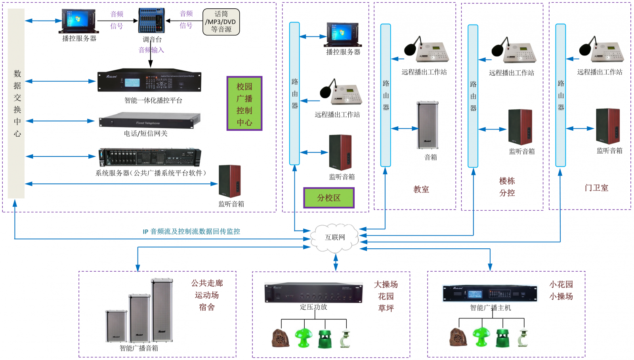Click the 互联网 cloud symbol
pos(335,238)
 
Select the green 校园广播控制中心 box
pos(244,104)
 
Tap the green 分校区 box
pos(328,198)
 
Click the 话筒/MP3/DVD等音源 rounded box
pos(221,22)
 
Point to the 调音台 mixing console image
pos(151,21)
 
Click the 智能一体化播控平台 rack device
pos(149,82)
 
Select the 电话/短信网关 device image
pos(149,120)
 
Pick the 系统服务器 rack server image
pos(149,157)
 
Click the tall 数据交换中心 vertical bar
pos(16,103)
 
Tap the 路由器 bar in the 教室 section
pos(386,95)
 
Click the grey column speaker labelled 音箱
pos(428,125)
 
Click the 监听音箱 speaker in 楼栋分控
pos(520,127)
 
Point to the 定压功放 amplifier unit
pos(313,293)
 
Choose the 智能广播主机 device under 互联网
pos(490,293)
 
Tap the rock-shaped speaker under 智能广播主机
pos(458,337)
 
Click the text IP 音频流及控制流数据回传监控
pos(191,232)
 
